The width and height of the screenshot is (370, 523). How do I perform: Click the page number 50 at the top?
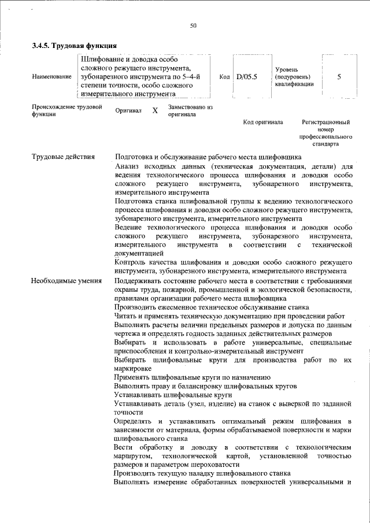(x=193, y=25)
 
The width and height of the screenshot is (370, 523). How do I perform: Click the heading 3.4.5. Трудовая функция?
(x=75, y=46)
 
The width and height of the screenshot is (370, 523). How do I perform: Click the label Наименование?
(x=52, y=76)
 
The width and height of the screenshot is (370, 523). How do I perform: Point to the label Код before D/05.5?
(x=224, y=76)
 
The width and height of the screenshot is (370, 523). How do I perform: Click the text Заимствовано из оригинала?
(x=191, y=110)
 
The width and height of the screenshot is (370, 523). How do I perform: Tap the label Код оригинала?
(x=262, y=123)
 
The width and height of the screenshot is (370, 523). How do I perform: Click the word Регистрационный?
(x=327, y=123)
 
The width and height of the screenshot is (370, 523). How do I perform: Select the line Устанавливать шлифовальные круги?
(x=173, y=394)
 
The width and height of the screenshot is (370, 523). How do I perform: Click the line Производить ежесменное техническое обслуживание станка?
(x=211, y=307)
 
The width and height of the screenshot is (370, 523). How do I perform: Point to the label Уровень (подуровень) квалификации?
(x=294, y=76)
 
